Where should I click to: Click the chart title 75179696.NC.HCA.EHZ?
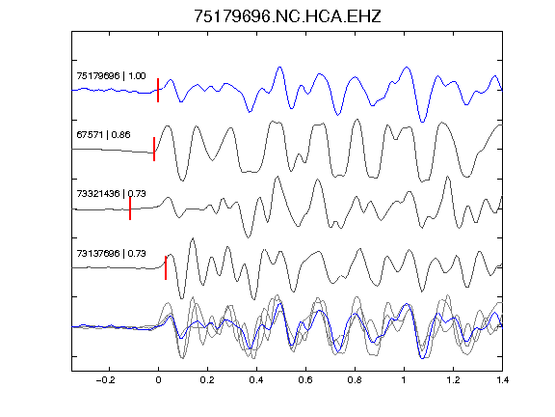(x=287, y=16)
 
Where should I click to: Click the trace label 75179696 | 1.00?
(x=111, y=76)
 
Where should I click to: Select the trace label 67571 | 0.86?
(x=103, y=135)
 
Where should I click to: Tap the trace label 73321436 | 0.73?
(x=111, y=194)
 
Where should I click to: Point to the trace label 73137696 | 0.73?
(x=111, y=253)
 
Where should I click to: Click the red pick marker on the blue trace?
(x=158, y=90)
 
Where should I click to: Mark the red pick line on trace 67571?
(x=154, y=149)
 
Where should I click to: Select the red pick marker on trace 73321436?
(x=130, y=208)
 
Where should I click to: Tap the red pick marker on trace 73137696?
(x=166, y=267)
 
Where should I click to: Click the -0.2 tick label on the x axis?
(x=106, y=380)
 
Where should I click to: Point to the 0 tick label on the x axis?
(x=158, y=380)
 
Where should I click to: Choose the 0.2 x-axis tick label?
(x=207, y=380)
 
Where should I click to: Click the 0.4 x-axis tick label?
(x=256, y=380)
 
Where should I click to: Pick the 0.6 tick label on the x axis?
(x=305, y=380)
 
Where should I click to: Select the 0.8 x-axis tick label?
(x=355, y=380)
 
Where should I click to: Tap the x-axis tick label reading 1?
(x=404, y=380)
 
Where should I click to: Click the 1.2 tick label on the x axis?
(x=453, y=380)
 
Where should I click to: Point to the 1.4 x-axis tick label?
(x=502, y=380)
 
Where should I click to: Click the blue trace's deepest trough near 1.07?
(x=422, y=122)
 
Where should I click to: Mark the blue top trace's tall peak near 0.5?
(x=279, y=67)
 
